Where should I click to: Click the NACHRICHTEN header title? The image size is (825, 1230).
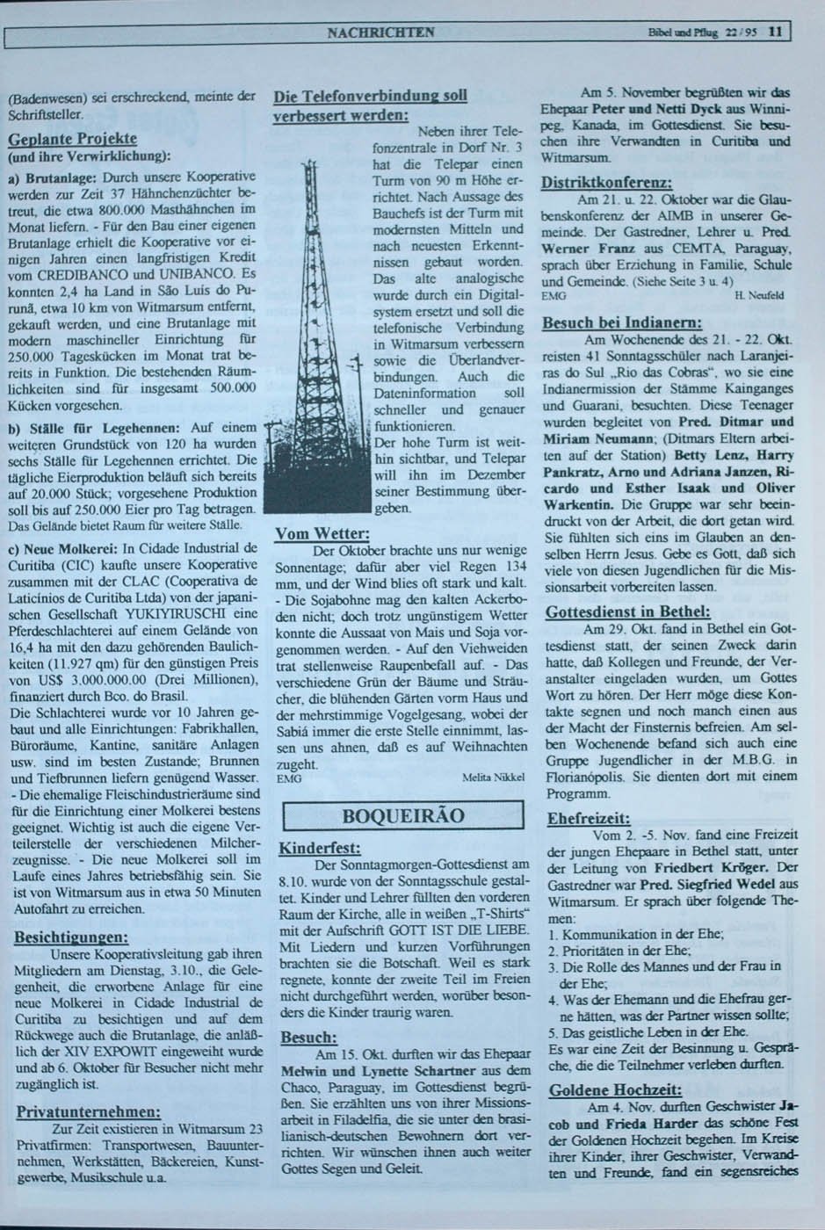click(380, 33)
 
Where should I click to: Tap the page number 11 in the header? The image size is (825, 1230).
click(774, 33)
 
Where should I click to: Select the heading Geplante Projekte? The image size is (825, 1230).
click(72, 140)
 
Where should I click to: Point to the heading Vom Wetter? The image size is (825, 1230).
click(322, 534)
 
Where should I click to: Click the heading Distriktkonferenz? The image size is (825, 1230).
click(607, 183)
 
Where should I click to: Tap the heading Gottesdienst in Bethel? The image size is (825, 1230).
click(627, 611)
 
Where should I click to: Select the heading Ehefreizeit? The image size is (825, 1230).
click(588, 818)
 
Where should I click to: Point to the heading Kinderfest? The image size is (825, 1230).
click(320, 849)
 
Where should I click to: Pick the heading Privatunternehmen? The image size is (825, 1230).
click(88, 1111)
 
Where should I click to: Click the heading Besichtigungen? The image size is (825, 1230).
click(71, 937)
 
